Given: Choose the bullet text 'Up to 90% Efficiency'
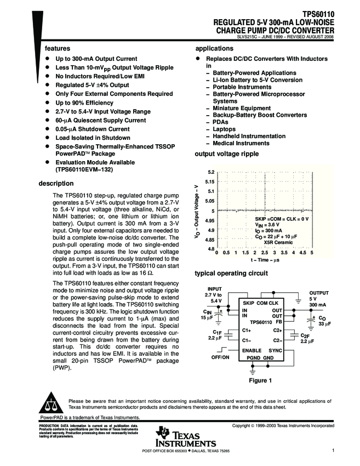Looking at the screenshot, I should (x=84, y=103).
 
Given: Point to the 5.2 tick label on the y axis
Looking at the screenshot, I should (x=210, y=172).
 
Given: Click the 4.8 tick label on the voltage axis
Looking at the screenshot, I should (x=210, y=249).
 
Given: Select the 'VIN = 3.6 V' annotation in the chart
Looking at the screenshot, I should (x=267, y=225).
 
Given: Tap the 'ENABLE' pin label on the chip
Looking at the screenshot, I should (x=253, y=349).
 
